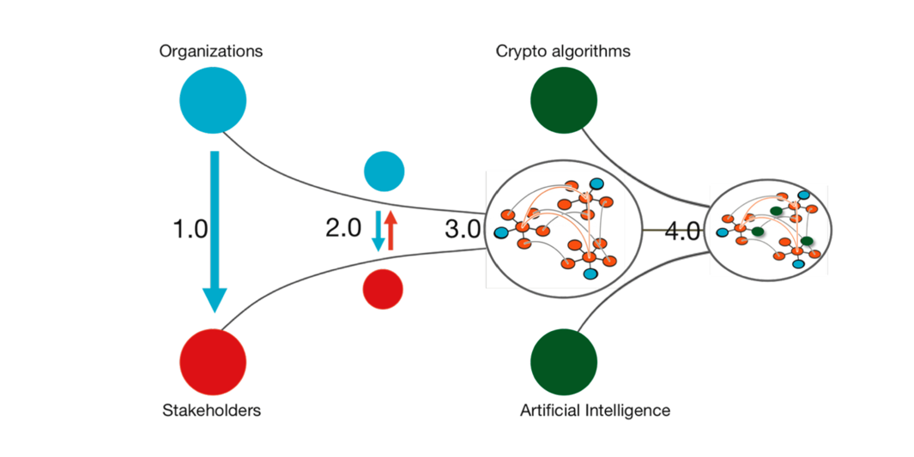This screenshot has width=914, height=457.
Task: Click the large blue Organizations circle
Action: click(212, 100)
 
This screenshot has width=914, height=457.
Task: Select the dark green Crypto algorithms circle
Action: click(564, 100)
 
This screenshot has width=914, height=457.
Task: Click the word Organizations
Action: click(211, 51)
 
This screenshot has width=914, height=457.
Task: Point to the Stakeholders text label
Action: click(211, 410)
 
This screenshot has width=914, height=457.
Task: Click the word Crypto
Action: click(518, 51)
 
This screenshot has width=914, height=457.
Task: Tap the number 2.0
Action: click(343, 229)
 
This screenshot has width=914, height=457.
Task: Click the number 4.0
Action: click(683, 231)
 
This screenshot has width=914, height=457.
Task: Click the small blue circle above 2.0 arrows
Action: click(384, 171)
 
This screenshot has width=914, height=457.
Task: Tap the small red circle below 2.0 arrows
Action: click(383, 289)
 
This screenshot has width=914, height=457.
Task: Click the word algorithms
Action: click(589, 51)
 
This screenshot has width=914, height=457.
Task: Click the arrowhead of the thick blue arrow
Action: click(215, 299)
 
